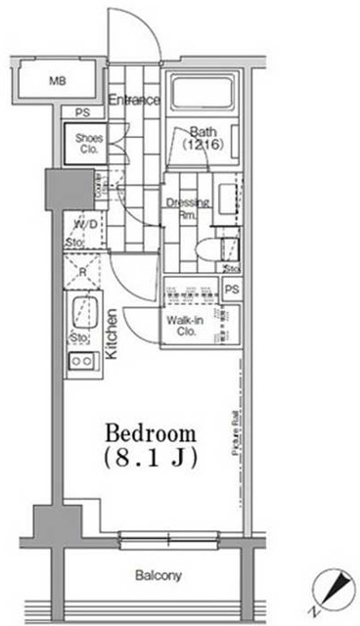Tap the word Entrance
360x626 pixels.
134,101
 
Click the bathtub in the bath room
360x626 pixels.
204,94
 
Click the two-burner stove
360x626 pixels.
80,363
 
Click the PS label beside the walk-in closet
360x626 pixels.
231,291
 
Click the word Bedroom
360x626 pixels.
151,433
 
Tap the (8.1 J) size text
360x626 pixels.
152,458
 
